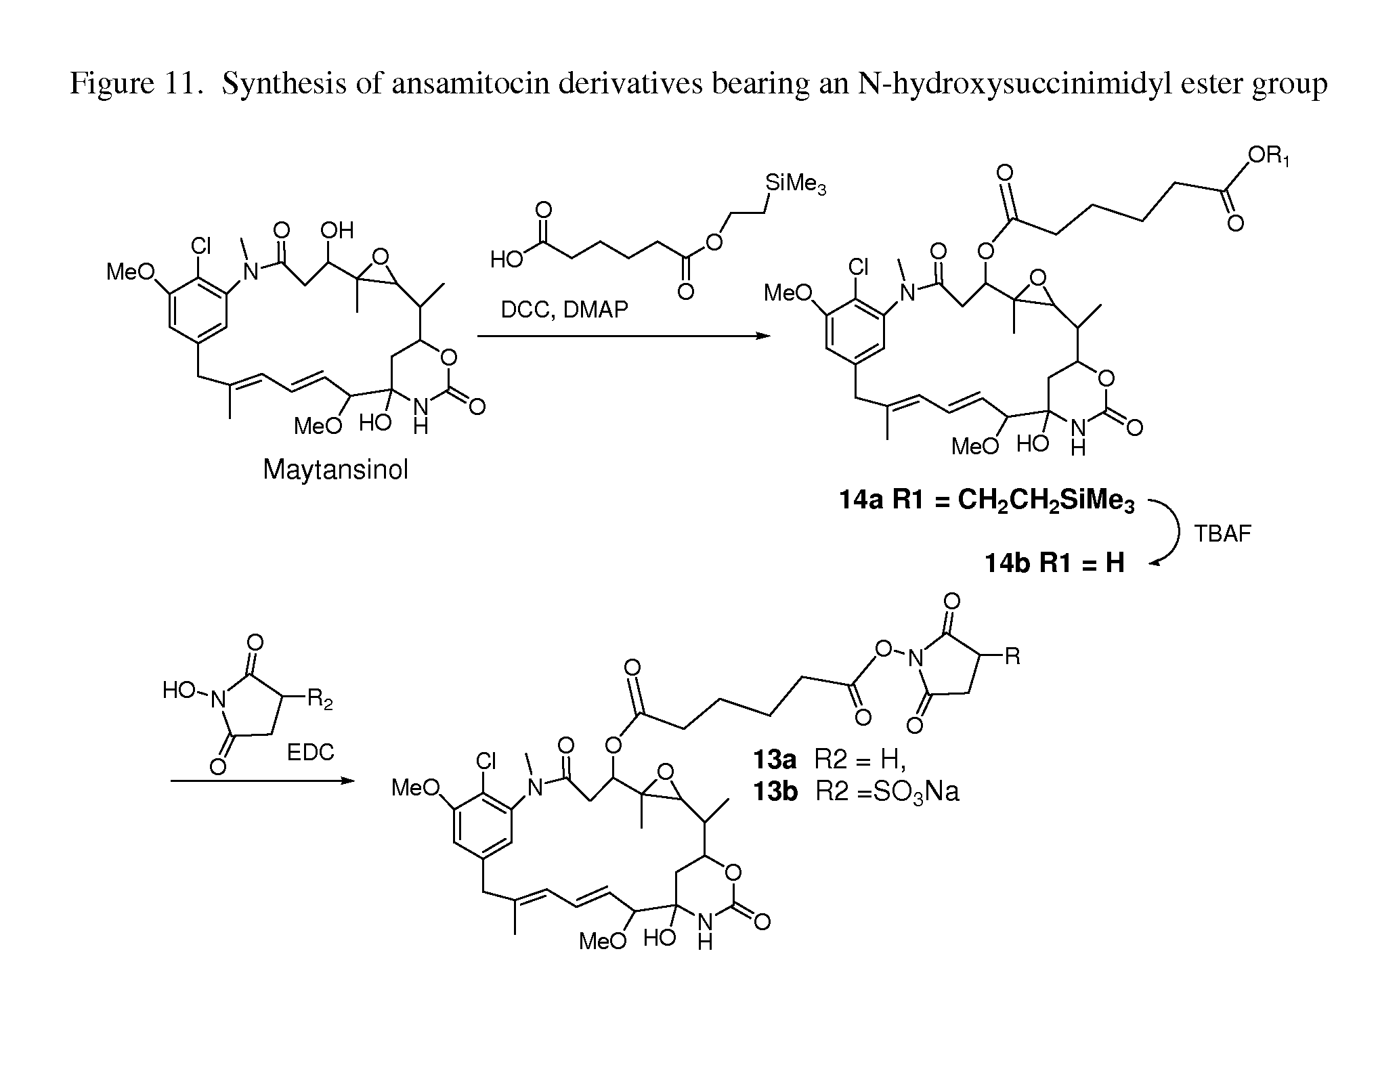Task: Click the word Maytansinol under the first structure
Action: point(335,470)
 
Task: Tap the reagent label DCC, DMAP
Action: point(564,310)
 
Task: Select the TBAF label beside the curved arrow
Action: point(1222,534)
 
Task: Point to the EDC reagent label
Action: point(310,753)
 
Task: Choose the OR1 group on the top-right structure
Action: point(1268,157)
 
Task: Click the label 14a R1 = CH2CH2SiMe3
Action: point(986,502)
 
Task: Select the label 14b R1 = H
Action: point(1054,563)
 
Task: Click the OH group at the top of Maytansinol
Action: point(337,231)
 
